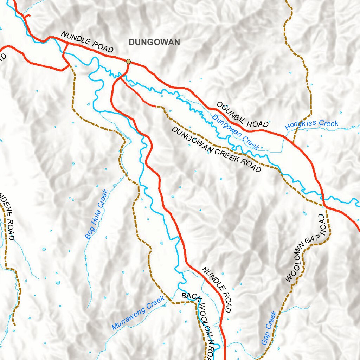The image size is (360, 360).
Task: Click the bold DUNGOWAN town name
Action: click(154, 43)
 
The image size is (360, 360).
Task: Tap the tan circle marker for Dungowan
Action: click(129, 62)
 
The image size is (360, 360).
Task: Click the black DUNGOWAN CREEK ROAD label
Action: click(216, 149)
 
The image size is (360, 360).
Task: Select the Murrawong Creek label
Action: click(138, 313)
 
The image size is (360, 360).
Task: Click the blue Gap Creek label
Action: click(269, 328)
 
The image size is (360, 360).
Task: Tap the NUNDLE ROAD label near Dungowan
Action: click(87, 42)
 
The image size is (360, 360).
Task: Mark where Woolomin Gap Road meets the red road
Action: click(324, 206)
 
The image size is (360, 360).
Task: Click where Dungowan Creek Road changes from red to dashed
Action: click(156, 106)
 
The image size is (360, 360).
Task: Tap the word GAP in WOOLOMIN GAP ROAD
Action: click(314, 239)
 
